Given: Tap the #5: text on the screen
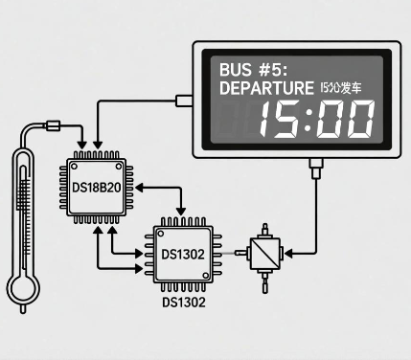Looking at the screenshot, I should [277, 70].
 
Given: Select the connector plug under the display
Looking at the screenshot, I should [314, 170].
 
